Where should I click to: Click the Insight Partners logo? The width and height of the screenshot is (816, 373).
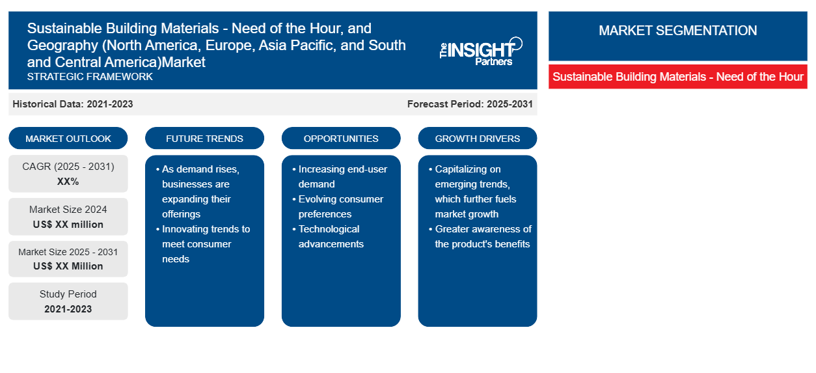pyautogui.click(x=481, y=51)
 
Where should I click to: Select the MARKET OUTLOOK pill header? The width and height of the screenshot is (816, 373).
pyautogui.click(x=68, y=138)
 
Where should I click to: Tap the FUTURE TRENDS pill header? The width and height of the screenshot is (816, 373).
pyautogui.click(x=204, y=138)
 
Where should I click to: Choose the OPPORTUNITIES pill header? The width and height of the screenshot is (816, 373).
pyautogui.click(x=341, y=138)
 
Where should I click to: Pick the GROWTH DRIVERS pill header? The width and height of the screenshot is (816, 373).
pyautogui.click(x=477, y=138)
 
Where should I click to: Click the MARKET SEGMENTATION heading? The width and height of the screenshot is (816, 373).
pyautogui.click(x=677, y=30)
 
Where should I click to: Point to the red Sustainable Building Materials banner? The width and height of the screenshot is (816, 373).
pyautogui.click(x=678, y=77)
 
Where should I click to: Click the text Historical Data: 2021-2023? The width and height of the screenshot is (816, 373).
pyautogui.click(x=73, y=104)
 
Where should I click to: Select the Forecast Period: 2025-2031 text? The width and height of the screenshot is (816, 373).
pyautogui.click(x=470, y=104)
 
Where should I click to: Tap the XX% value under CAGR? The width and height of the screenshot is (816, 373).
pyautogui.click(x=68, y=182)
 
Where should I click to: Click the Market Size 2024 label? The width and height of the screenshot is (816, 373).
pyautogui.click(x=68, y=210)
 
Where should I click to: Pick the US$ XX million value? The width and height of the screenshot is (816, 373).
pyautogui.click(x=68, y=225)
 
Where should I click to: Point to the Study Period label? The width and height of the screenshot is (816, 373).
pyautogui.click(x=68, y=294)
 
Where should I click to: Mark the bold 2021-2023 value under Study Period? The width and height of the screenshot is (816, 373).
pyautogui.click(x=68, y=309)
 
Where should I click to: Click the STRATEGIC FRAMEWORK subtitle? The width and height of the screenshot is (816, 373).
pyautogui.click(x=90, y=77)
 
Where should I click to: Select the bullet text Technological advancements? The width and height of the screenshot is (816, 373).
pyautogui.click(x=328, y=236)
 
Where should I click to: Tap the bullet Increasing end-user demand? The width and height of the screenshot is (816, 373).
pyautogui.click(x=340, y=176)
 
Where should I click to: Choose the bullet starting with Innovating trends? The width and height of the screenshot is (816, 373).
pyautogui.click(x=203, y=243)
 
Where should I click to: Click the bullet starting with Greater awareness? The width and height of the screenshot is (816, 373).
pyautogui.click(x=480, y=236)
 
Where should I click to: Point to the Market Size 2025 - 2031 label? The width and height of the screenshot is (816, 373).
pyautogui.click(x=68, y=252)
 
